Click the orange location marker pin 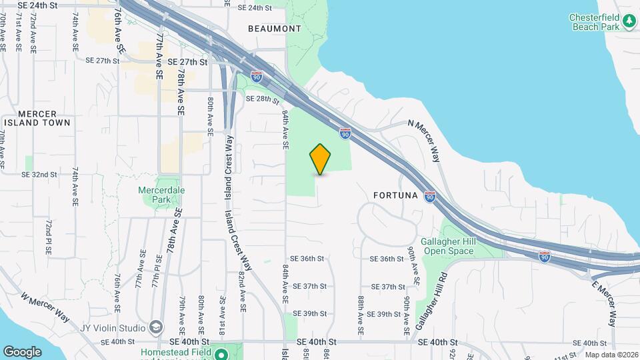[321, 159]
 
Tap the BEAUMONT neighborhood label [274, 29]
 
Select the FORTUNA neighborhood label [396, 196]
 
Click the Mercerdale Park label [161, 195]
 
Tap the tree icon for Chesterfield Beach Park [629, 22]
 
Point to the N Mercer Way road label [424, 141]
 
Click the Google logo [22, 351]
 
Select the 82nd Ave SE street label [243, 291]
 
